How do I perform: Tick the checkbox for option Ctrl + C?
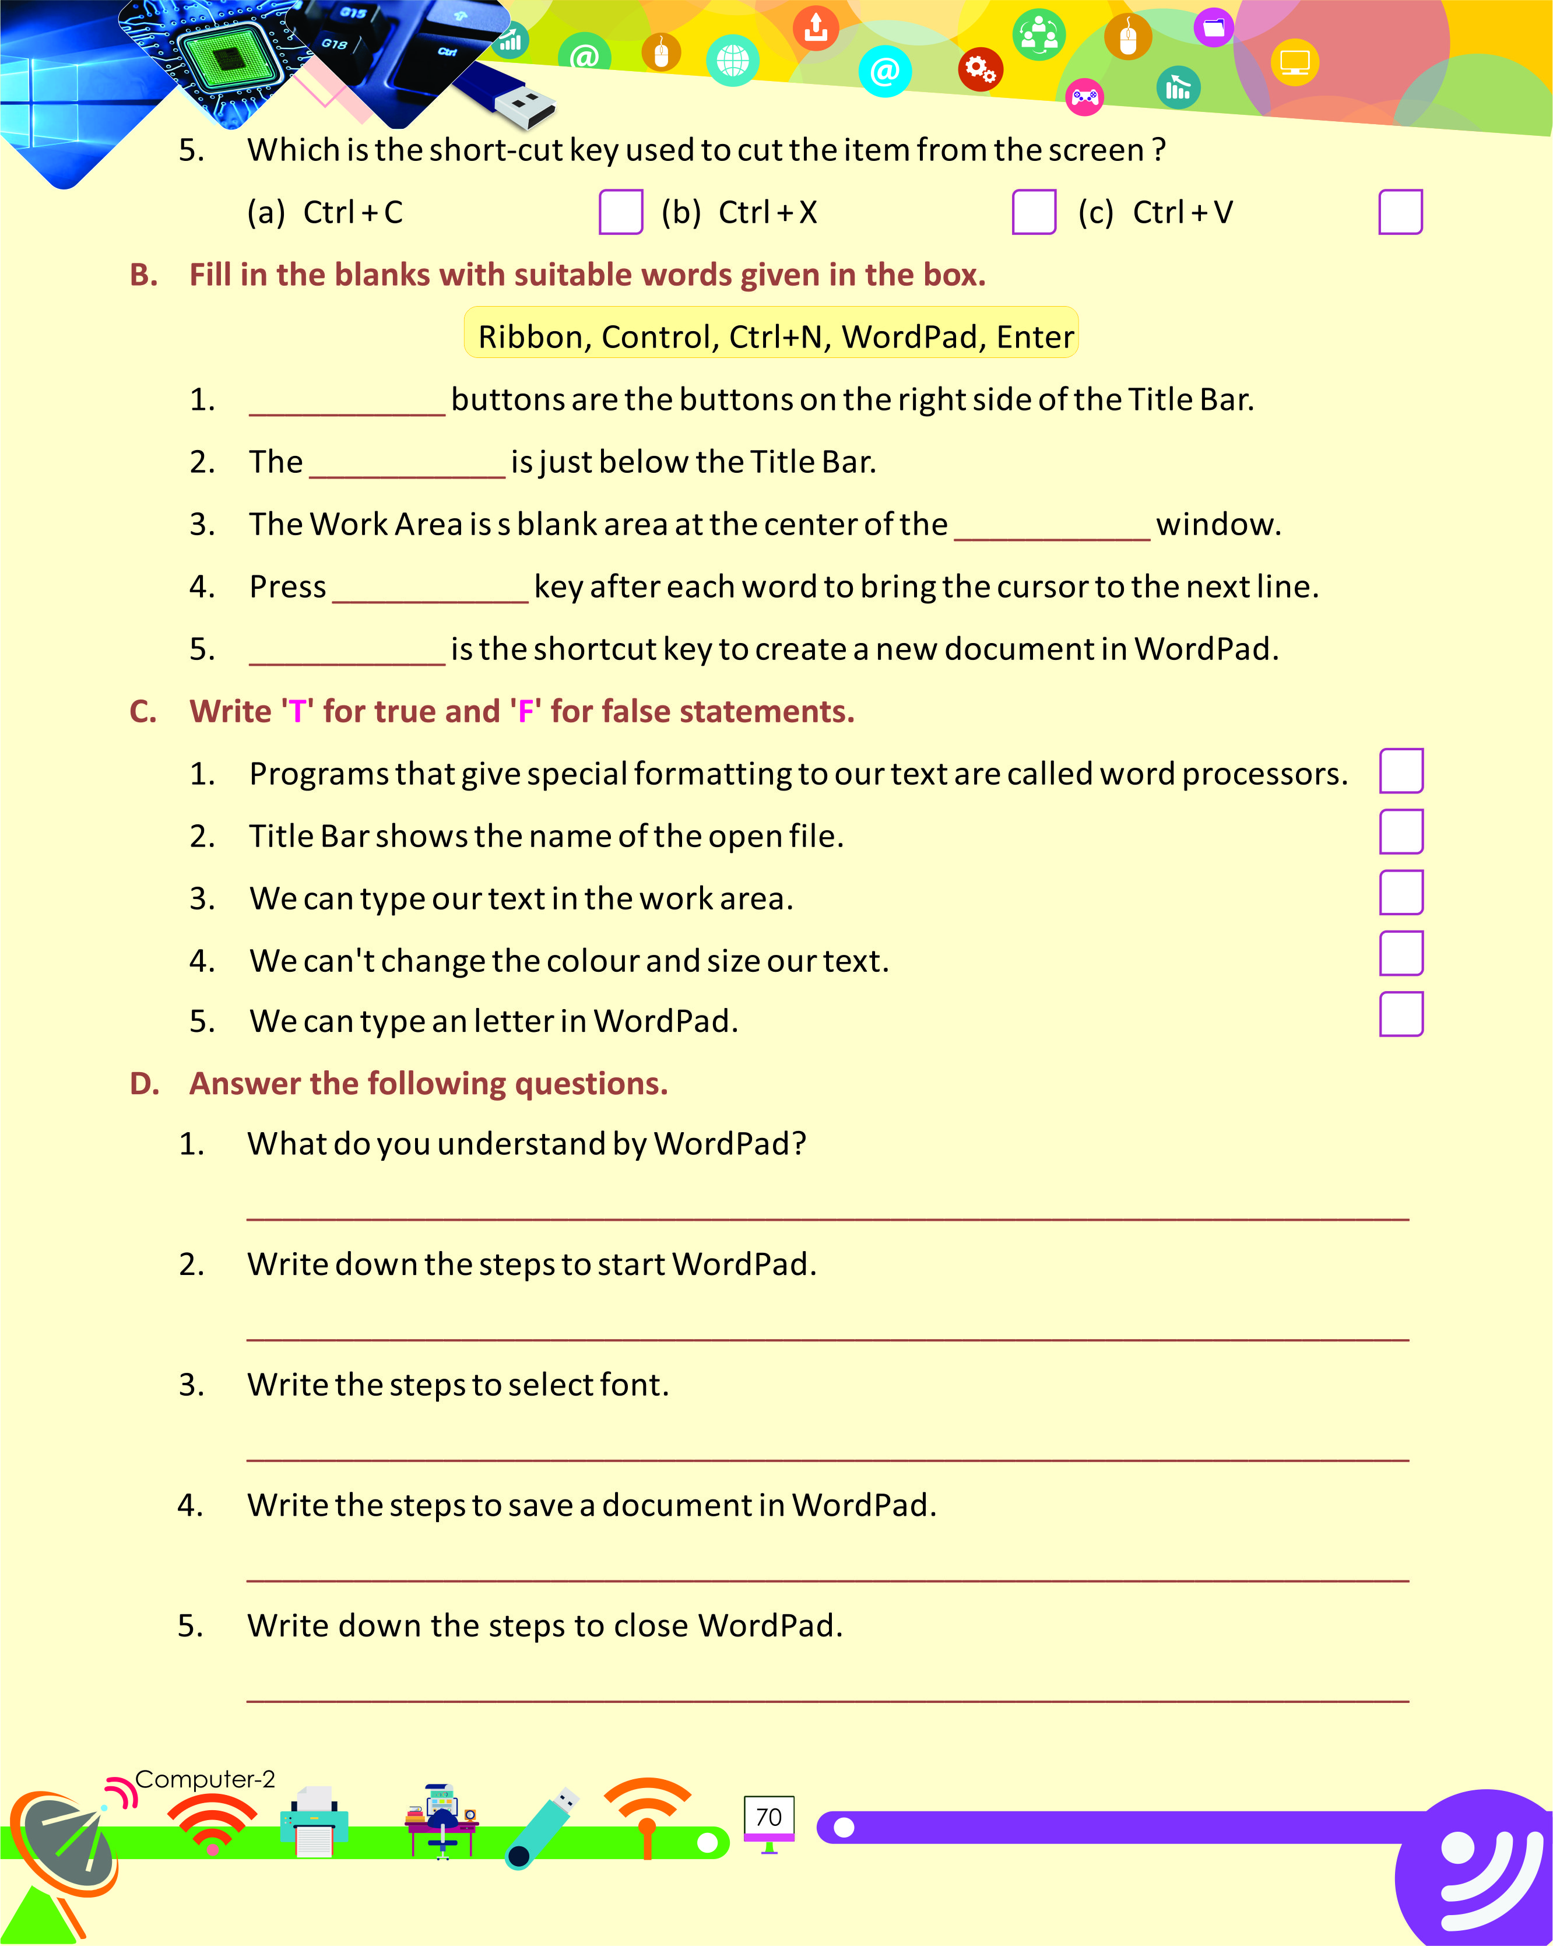621,212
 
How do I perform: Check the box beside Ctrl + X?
1034,212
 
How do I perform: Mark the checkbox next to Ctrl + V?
1400,212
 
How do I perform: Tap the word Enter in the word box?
1035,336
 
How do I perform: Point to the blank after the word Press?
430,591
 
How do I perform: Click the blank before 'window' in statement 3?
1052,529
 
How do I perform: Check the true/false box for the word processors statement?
1401,771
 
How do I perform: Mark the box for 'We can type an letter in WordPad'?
1401,1014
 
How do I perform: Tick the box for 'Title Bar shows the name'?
1401,832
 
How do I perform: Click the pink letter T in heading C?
297,712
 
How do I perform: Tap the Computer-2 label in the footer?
205,1779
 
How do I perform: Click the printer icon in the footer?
314,1822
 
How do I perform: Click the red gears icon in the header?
980,69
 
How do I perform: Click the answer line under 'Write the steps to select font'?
827,1457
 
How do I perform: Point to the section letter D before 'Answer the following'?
145,1084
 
